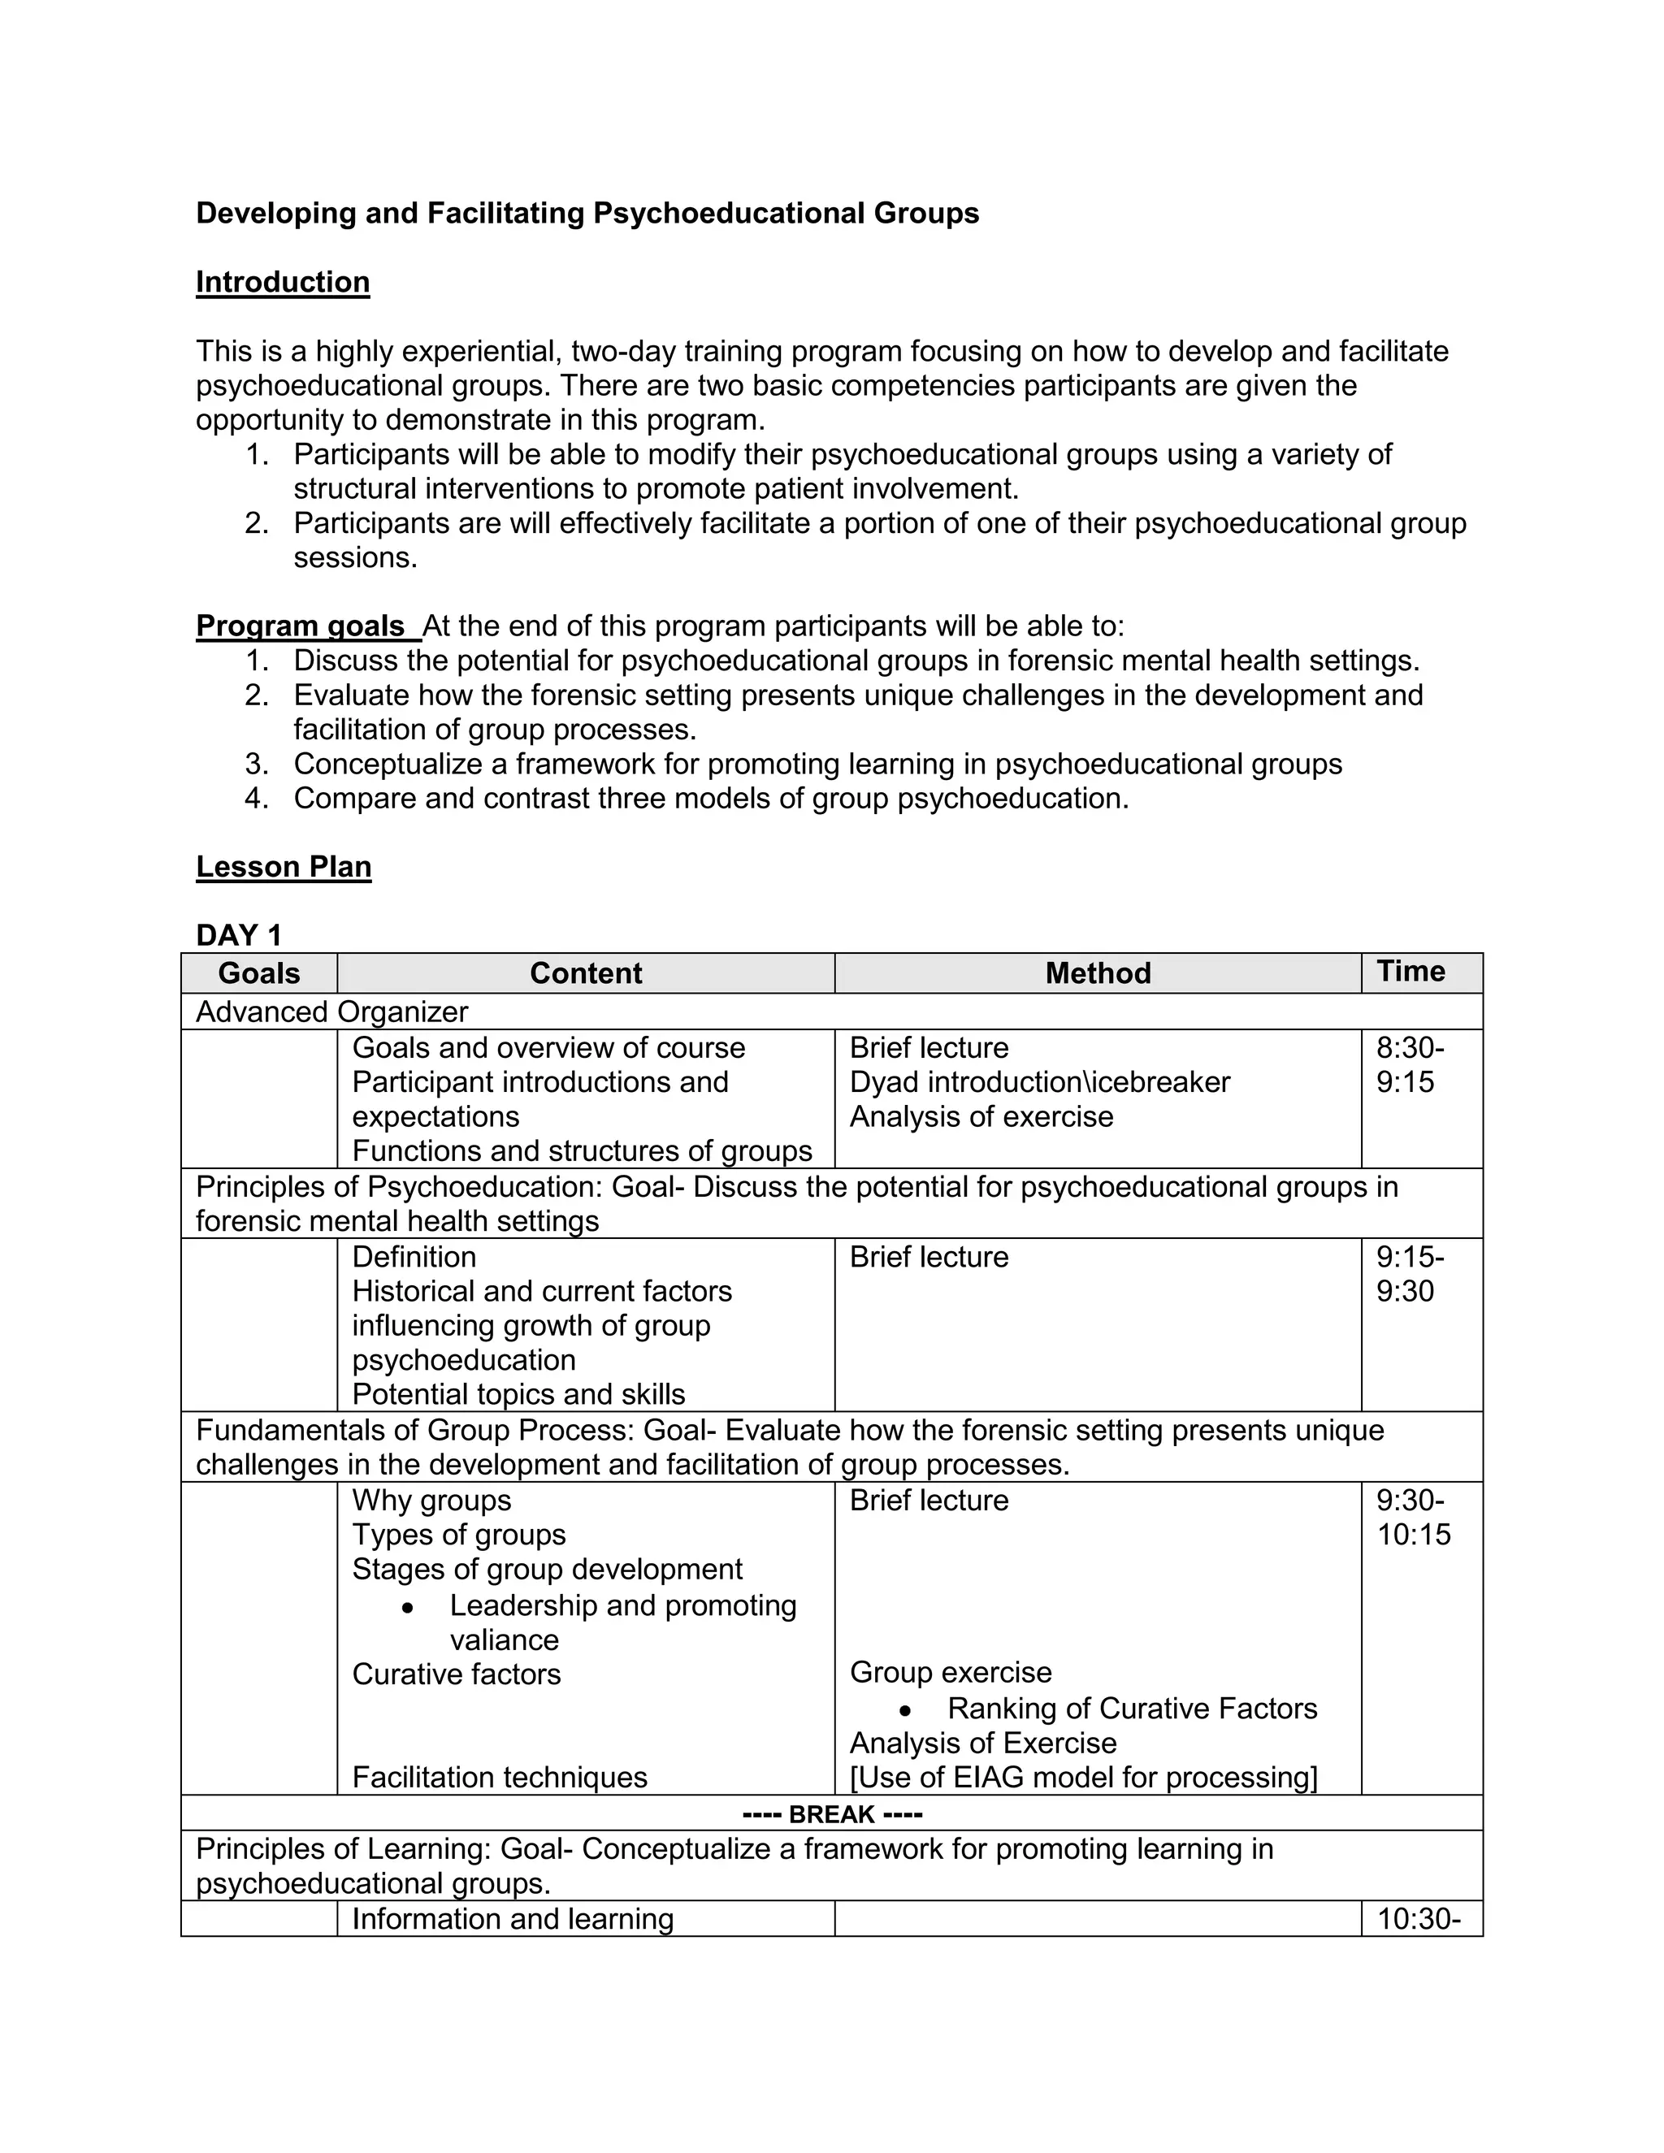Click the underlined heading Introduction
282,282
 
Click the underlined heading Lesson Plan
283,867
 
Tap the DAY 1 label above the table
239,934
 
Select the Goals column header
258,973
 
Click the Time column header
1410,971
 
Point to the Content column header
586,973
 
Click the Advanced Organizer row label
331,1012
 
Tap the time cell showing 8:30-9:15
1410,1064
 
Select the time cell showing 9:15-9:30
1410,1274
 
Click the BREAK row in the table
832,1814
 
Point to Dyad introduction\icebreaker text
1039,1082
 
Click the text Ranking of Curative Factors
1132,1709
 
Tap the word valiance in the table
504,1640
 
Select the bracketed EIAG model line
1082,1778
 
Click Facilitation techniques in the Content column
499,1778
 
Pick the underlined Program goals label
300,626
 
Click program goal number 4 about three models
710,799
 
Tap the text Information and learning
513,1919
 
